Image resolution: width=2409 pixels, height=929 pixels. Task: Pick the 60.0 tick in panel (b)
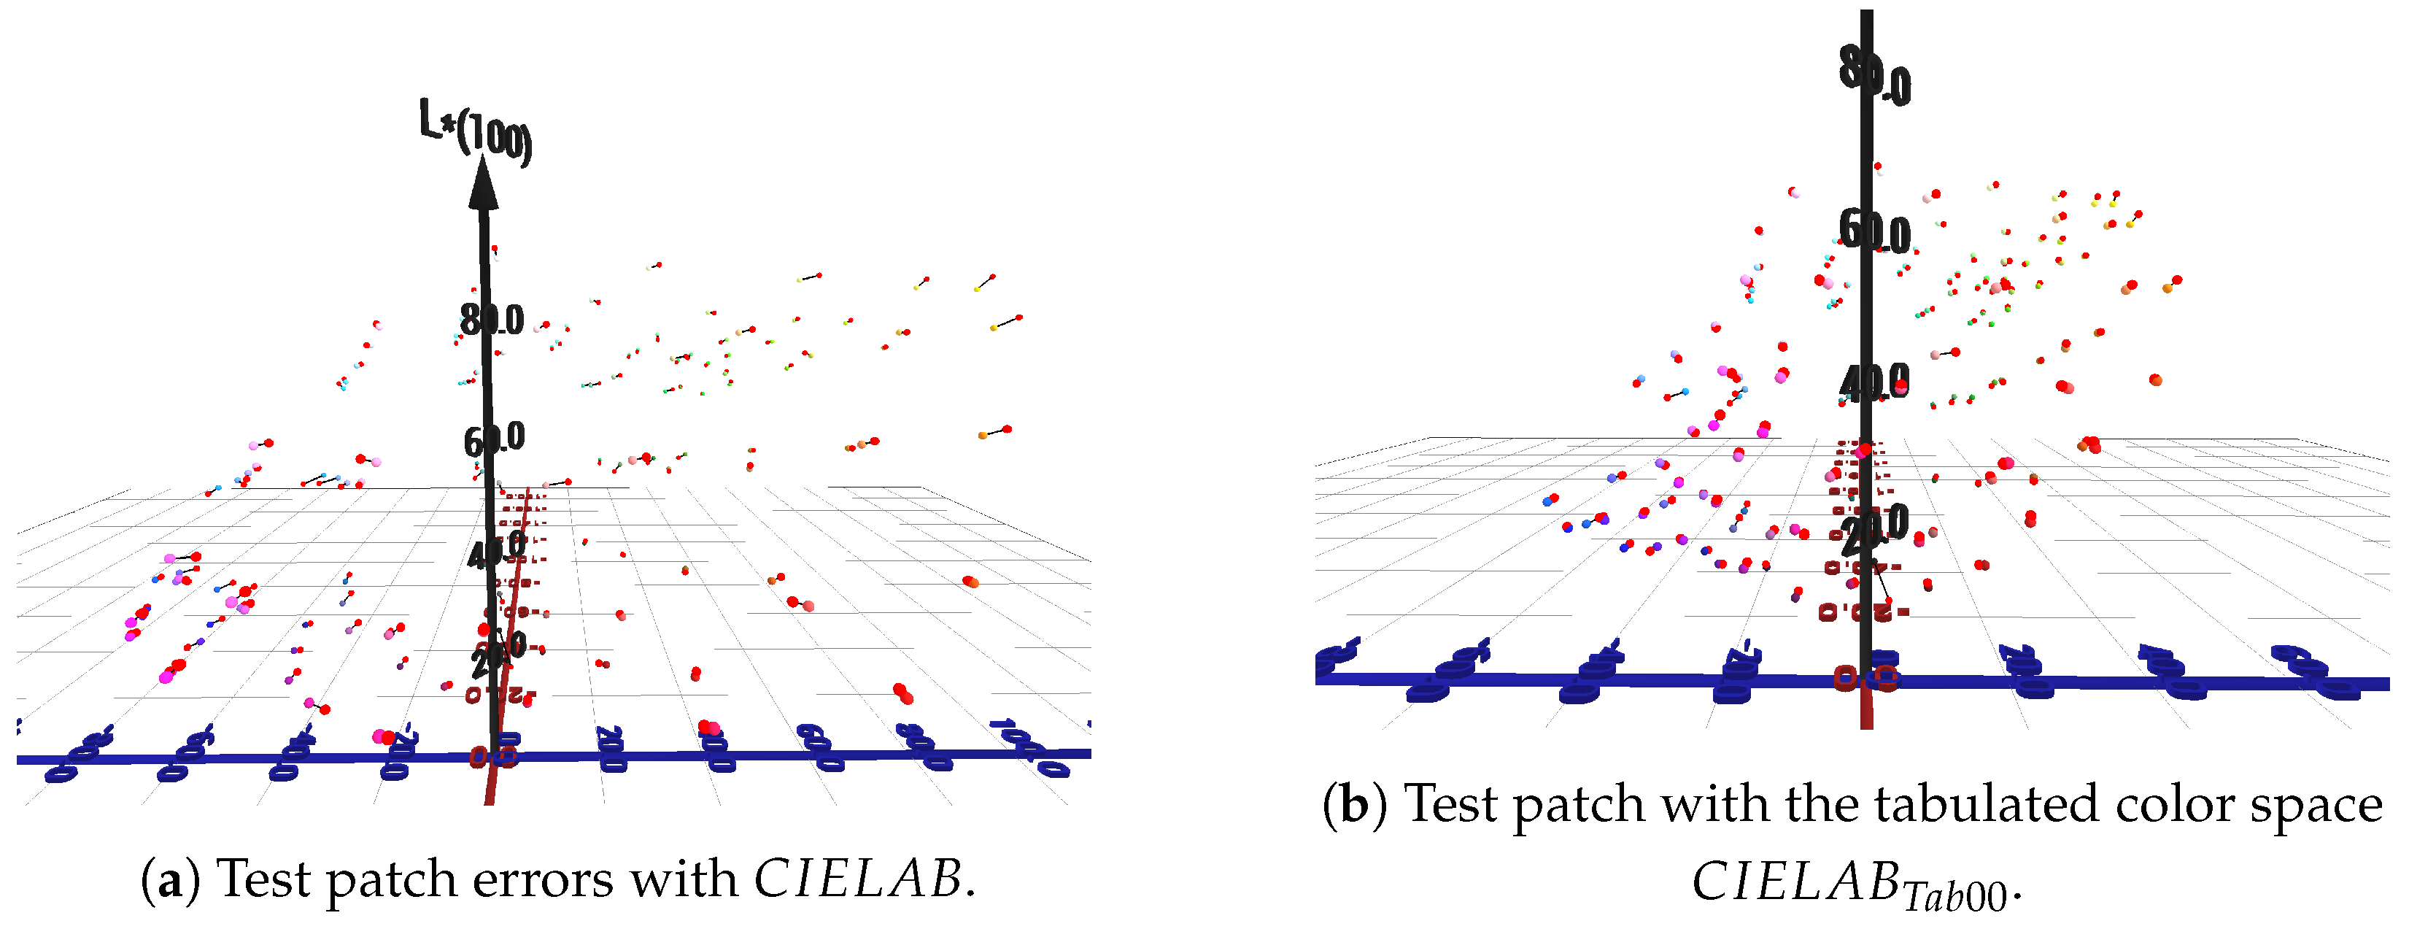point(1874,230)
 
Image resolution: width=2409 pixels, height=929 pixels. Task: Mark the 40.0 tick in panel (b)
point(1874,382)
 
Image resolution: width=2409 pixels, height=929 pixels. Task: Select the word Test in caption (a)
point(259,879)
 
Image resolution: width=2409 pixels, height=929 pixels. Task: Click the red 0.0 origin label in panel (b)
point(1865,677)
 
